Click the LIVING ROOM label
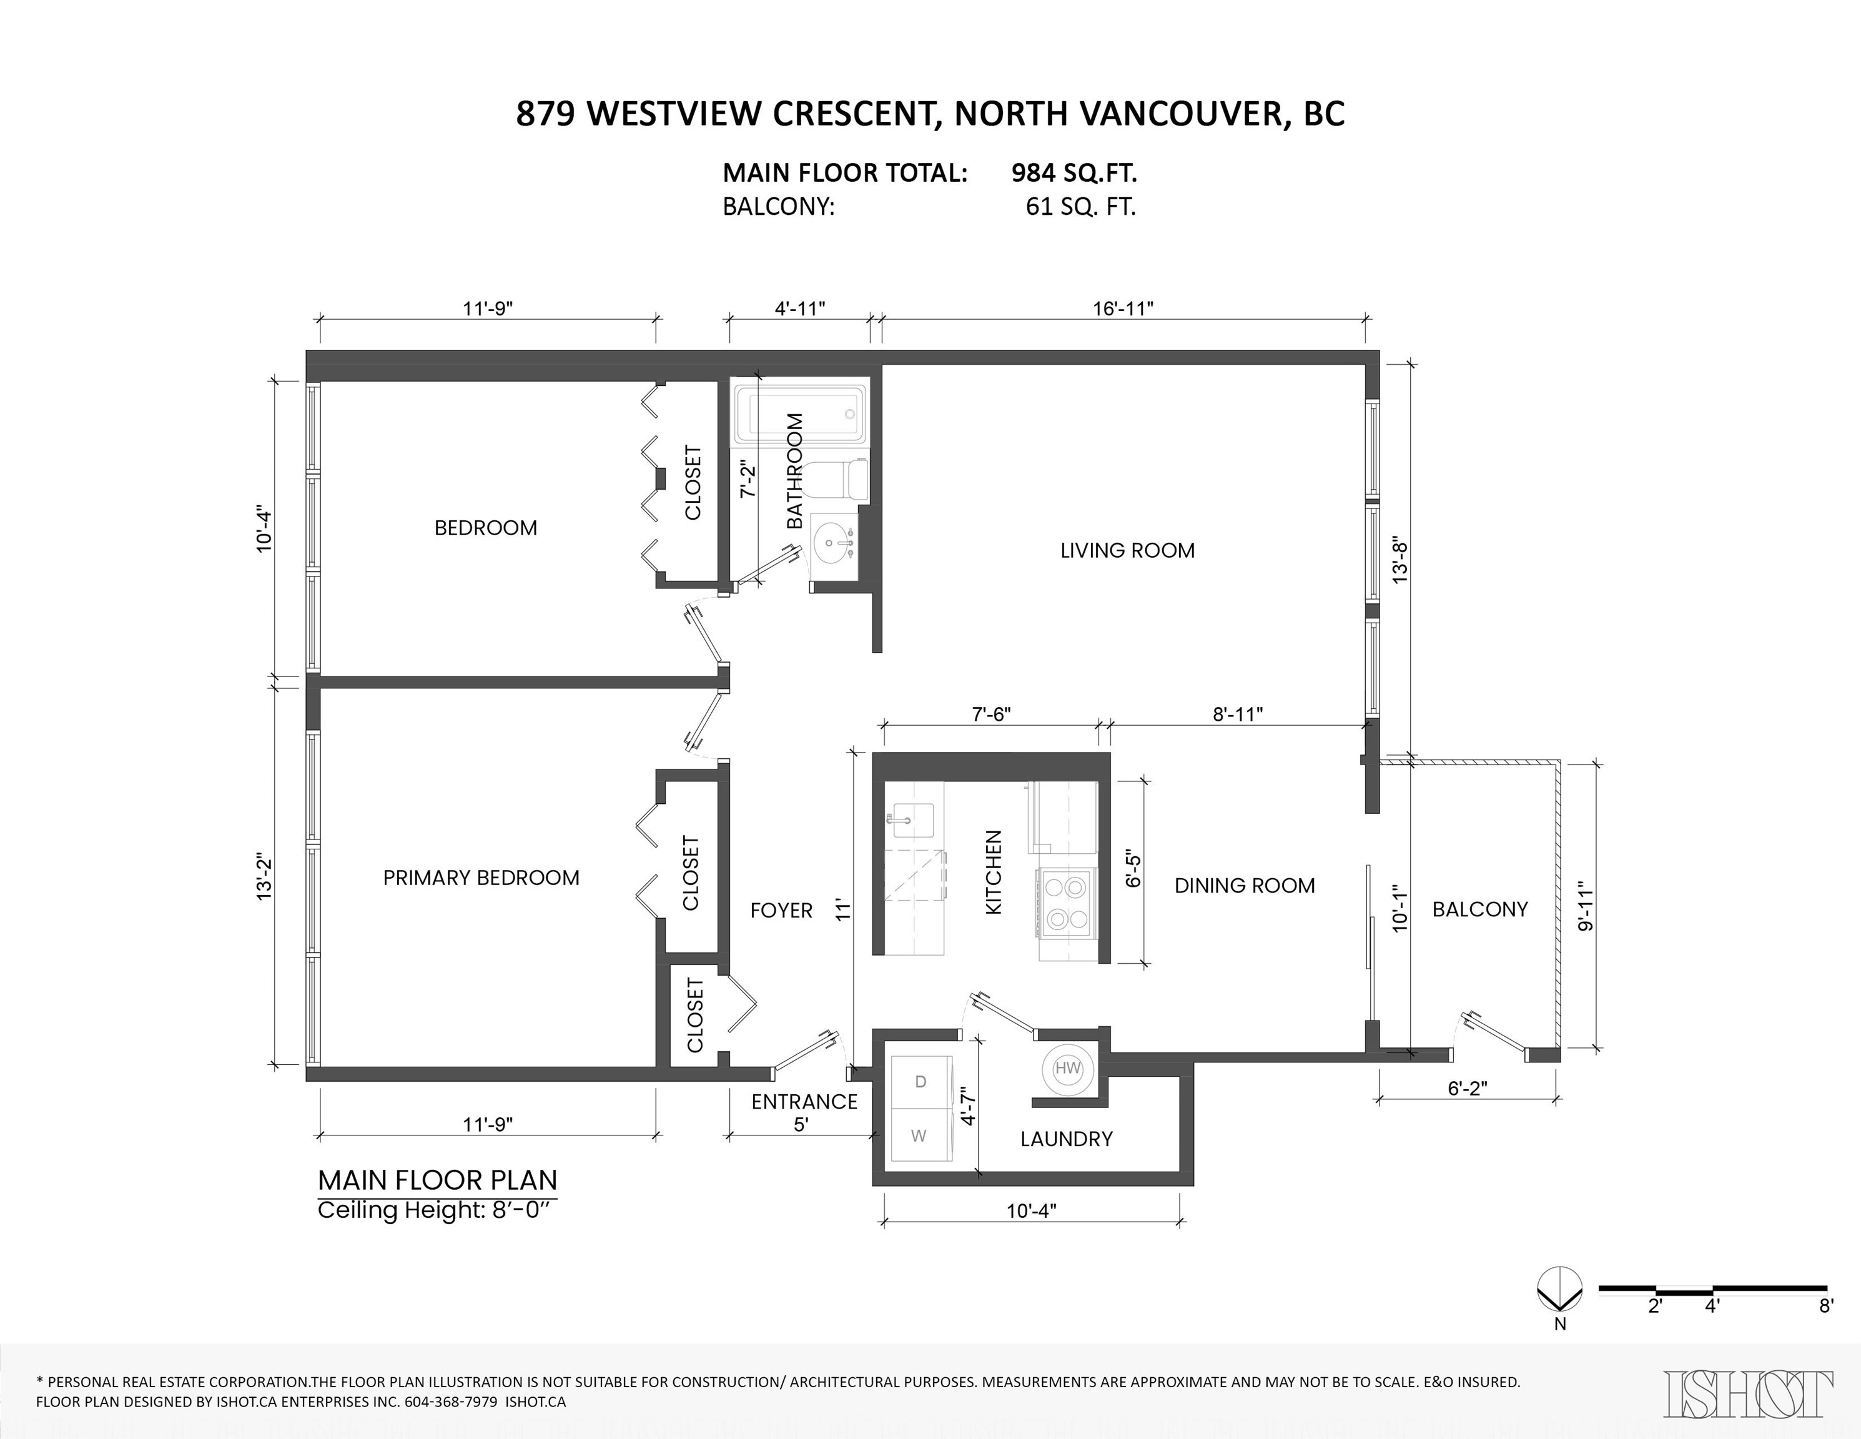pos(1127,550)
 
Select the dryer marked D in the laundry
pos(921,1082)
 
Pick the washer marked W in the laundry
pos(919,1135)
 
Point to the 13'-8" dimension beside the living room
pos(1400,559)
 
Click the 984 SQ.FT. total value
pos(1074,173)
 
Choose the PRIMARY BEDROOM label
pos(481,878)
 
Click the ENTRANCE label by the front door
pos(804,1102)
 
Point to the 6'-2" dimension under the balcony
pos(1468,1088)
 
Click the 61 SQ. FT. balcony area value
pos(1080,207)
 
